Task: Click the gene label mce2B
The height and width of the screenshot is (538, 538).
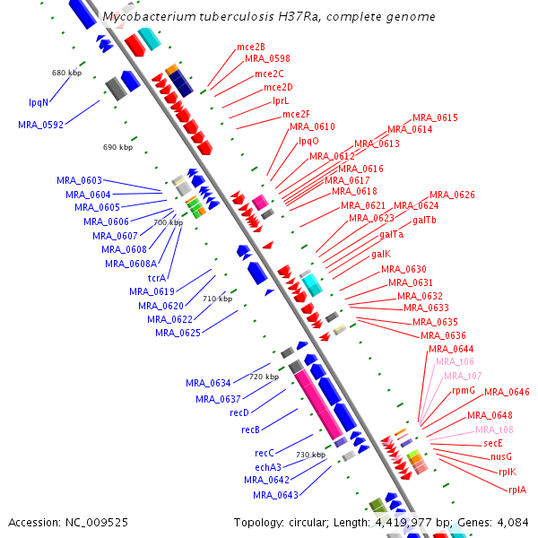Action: (251, 47)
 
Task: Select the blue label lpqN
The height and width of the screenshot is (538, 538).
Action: (39, 102)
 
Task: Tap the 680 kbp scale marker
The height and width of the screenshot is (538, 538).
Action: (66, 73)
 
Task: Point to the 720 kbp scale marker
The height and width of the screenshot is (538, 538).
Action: (264, 377)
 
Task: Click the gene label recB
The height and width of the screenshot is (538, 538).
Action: (250, 430)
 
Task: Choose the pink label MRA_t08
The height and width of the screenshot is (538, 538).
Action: (494, 430)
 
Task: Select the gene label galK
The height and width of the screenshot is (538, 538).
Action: (381, 255)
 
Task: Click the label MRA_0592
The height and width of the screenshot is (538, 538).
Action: (41, 125)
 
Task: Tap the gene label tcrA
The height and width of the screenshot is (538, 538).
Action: (157, 278)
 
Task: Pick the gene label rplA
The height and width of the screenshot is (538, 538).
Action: (517, 490)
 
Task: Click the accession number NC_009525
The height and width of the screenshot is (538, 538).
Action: (97, 523)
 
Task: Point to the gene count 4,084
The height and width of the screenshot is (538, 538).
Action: (513, 523)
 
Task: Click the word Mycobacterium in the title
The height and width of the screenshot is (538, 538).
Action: (149, 16)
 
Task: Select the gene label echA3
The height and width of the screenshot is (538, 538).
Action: (268, 467)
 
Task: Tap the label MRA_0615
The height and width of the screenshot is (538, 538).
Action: (435, 117)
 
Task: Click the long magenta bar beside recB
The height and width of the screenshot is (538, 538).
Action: (318, 406)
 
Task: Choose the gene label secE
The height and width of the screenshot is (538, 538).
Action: (493, 443)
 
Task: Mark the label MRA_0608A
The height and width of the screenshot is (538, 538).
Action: (131, 264)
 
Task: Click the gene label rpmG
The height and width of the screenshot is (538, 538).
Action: (464, 391)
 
